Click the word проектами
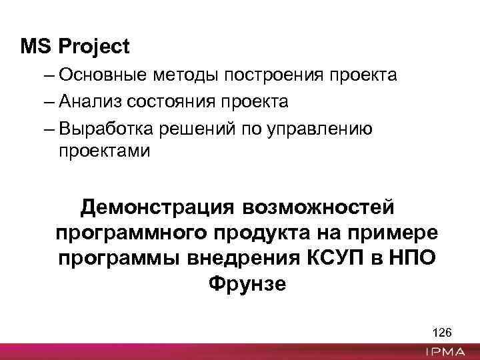click(105, 151)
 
